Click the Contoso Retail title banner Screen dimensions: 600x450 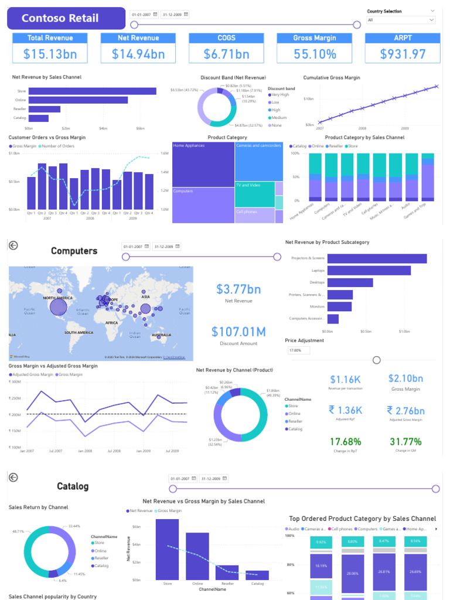pyautogui.click(x=66, y=18)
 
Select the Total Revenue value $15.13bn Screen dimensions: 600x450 pyautogui.click(x=50, y=54)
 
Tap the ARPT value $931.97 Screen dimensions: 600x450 pyautogui.click(x=403, y=54)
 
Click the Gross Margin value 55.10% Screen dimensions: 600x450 pyautogui.click(x=315, y=54)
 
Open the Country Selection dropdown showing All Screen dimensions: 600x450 pyautogui.click(x=401, y=20)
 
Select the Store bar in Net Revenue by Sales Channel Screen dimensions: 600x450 pyautogui.click(x=93, y=91)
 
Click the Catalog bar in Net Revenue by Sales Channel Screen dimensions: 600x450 pyautogui.click(x=39, y=118)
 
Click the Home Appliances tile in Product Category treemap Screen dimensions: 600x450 pyautogui.click(x=203, y=164)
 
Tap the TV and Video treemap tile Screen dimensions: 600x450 pyautogui.click(x=255, y=194)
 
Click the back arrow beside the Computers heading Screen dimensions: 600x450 pyautogui.click(x=13, y=246)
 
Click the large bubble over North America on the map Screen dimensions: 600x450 pyautogui.click(x=58, y=306)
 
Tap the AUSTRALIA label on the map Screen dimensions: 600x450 pyautogui.click(x=161, y=335)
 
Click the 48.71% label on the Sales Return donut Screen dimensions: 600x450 pyautogui.click(x=18, y=531)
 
